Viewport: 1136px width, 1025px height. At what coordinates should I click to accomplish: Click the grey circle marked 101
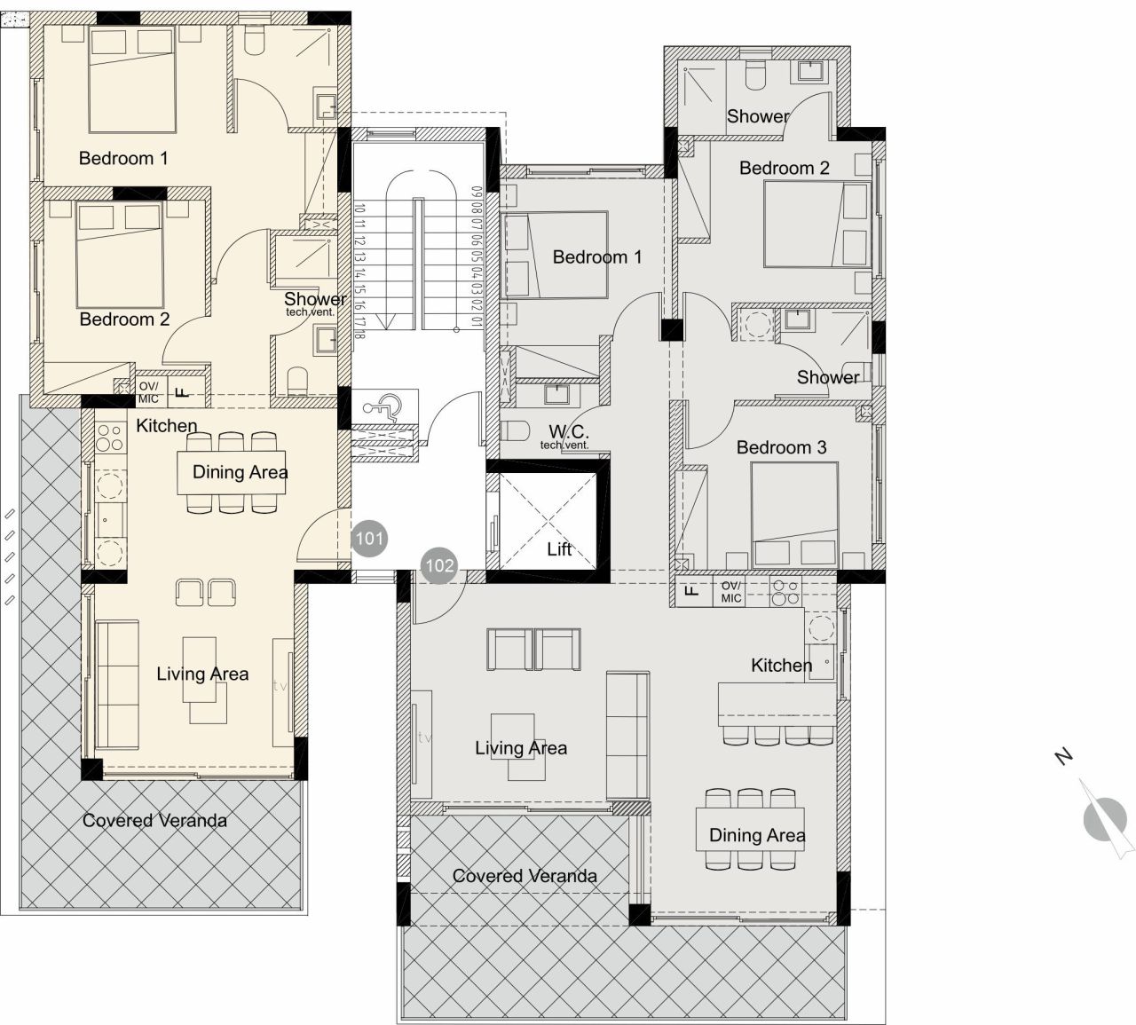pyautogui.click(x=369, y=538)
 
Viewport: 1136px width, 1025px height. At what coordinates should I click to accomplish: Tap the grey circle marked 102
pyautogui.click(x=438, y=565)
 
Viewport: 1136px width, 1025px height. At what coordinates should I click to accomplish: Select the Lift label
pyautogui.click(x=559, y=549)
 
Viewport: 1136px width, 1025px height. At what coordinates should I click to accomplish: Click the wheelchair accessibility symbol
pyautogui.click(x=383, y=407)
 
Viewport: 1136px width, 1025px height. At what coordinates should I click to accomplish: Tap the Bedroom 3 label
pyautogui.click(x=781, y=447)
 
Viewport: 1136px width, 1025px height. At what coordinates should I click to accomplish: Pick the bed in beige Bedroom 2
pyautogui.click(x=117, y=254)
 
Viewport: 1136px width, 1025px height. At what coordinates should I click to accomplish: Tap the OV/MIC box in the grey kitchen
pyautogui.click(x=730, y=592)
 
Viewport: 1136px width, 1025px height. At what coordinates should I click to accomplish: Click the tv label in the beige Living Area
pyautogui.click(x=281, y=685)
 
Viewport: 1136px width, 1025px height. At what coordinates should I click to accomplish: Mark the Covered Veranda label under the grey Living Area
pyautogui.click(x=525, y=876)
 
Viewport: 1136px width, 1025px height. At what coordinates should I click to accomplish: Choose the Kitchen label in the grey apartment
pyautogui.click(x=781, y=665)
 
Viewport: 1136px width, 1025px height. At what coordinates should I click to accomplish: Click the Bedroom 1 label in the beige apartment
pyautogui.click(x=123, y=158)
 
